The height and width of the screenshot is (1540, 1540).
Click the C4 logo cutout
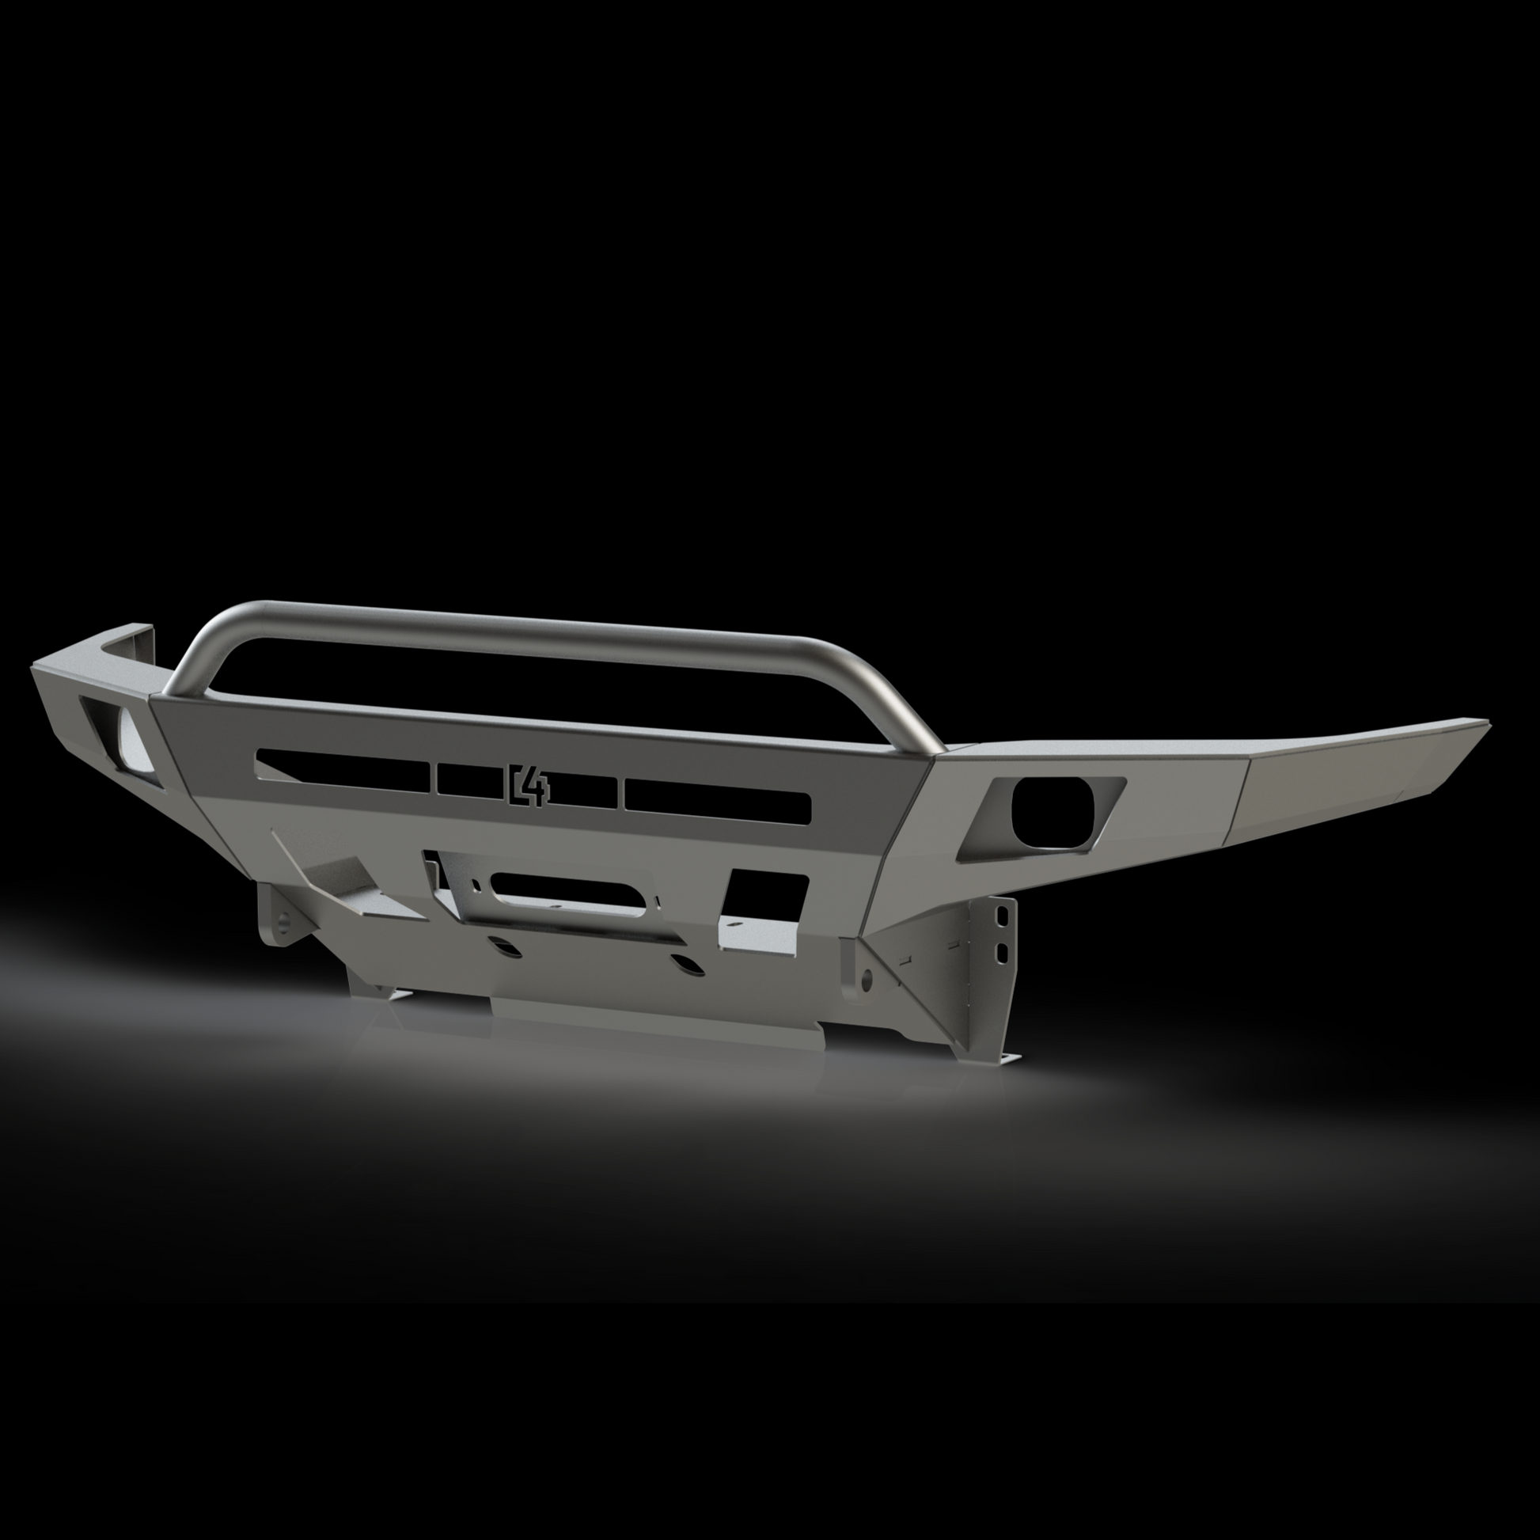tap(528, 784)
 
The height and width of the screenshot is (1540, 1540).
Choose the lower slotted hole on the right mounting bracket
tap(1000, 953)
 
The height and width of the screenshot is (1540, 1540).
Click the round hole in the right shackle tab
tap(868, 977)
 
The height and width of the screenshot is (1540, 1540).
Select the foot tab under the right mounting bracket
tap(1006, 1060)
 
